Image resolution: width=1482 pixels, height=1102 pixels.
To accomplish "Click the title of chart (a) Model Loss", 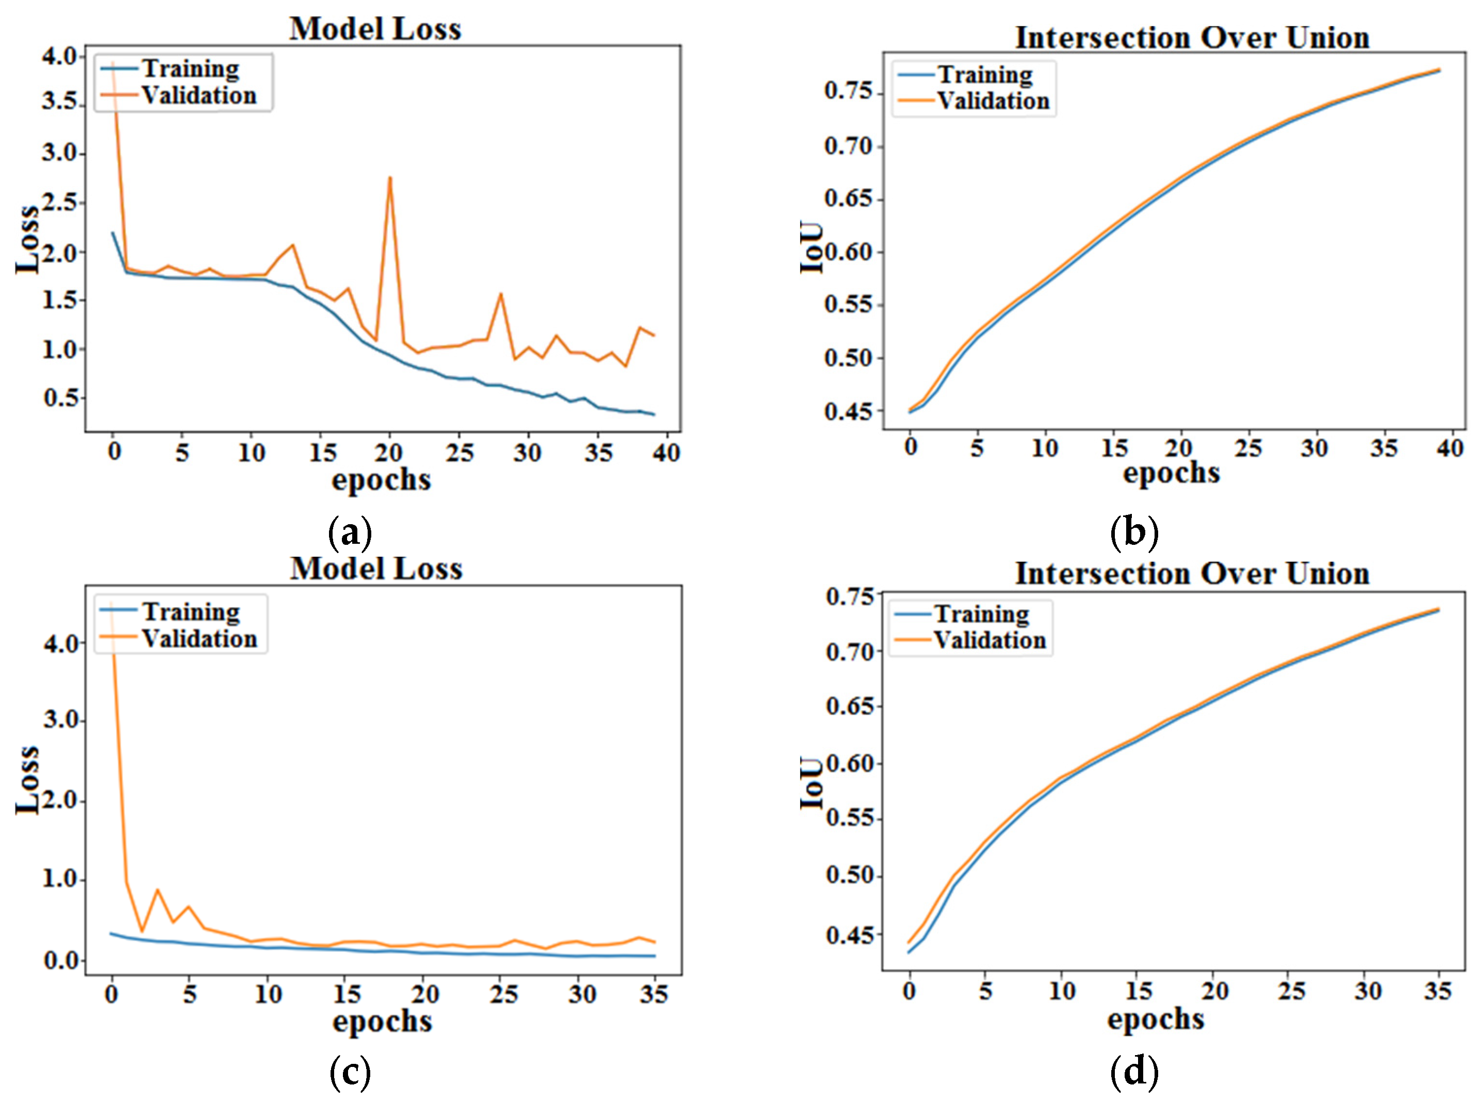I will (375, 29).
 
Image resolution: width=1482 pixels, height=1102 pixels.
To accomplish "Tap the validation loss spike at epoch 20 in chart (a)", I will (390, 179).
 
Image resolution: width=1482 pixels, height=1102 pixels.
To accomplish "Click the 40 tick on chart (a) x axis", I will (665, 453).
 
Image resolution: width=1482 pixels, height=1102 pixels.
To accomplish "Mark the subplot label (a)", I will (350, 532).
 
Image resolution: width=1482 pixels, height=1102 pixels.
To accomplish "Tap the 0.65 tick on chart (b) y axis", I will (848, 199).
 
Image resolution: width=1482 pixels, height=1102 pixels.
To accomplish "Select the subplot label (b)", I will (1134, 532).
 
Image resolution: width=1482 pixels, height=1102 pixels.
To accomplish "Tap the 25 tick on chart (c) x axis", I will (504, 995).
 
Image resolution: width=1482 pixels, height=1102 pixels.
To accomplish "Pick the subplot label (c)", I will (350, 1072).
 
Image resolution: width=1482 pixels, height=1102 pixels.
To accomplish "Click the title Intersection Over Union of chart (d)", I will (1192, 574).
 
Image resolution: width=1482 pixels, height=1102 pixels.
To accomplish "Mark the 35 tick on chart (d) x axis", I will (1437, 991).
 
